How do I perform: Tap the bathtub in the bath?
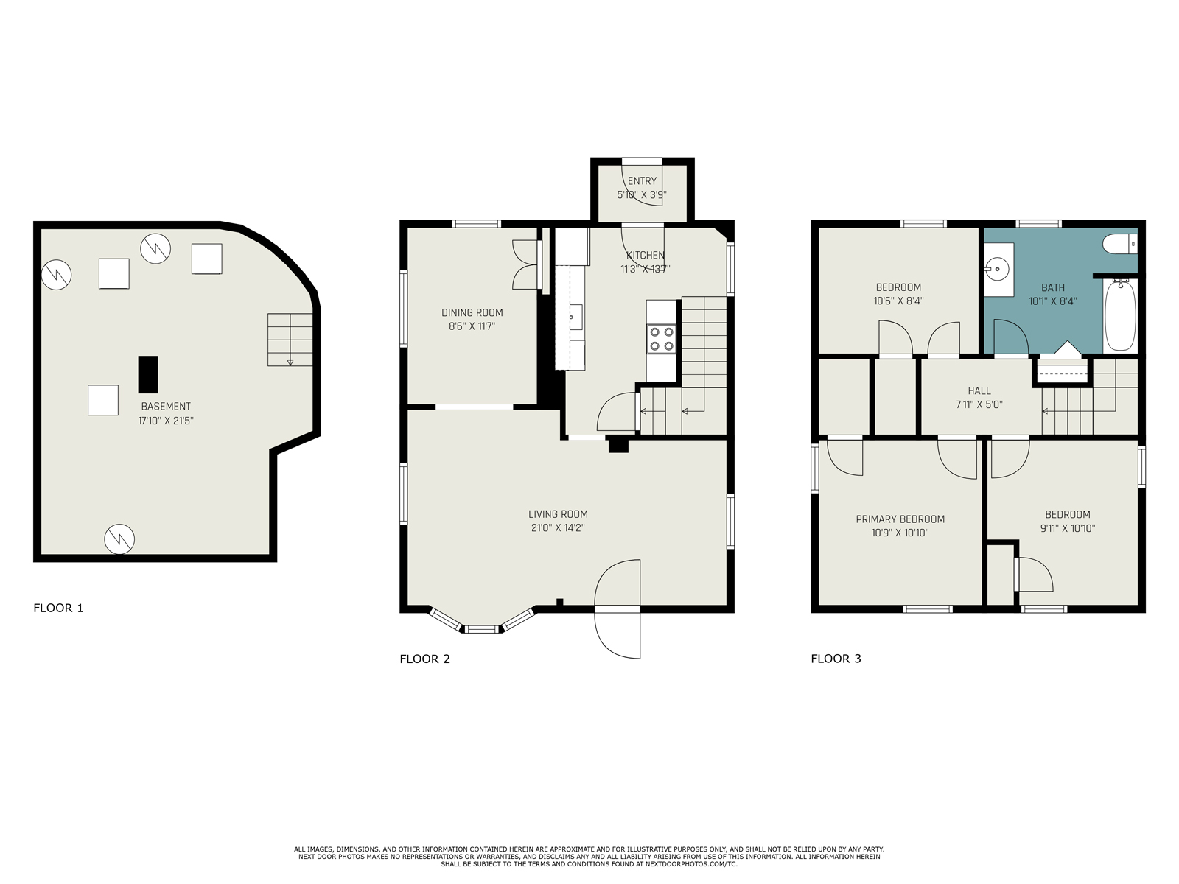[x=1121, y=315]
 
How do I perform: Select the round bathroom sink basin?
[x=997, y=267]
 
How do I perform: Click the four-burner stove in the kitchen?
[x=661, y=339]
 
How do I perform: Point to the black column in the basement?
[x=148, y=374]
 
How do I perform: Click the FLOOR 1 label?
[x=58, y=608]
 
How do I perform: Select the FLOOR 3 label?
[x=836, y=659]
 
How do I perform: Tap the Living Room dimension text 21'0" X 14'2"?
[x=558, y=527]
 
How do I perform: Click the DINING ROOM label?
[x=472, y=312]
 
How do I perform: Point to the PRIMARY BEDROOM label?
[x=900, y=519]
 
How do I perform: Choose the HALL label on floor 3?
[x=979, y=390]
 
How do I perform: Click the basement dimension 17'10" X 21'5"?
[x=166, y=420]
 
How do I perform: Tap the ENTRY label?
[x=643, y=181]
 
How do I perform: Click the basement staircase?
[x=290, y=340]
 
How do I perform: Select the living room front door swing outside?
[x=618, y=635]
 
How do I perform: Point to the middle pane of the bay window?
[x=482, y=628]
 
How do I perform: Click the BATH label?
[x=1053, y=288]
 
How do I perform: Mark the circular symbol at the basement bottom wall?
[x=119, y=539]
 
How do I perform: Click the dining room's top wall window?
[x=477, y=224]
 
